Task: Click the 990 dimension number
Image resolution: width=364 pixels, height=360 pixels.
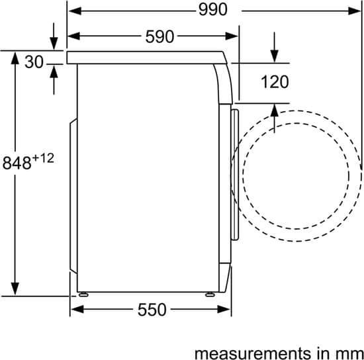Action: [x=213, y=10]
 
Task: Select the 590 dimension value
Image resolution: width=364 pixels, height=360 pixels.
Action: [x=159, y=36]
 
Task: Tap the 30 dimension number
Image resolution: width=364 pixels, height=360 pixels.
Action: [x=34, y=62]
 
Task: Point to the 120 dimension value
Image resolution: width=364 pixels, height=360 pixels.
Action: [x=275, y=81]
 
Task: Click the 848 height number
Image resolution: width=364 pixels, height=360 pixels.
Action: [x=17, y=163]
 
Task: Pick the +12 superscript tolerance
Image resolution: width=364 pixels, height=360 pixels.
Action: [x=43, y=158]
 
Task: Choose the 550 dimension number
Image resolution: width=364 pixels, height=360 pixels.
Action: [x=152, y=310]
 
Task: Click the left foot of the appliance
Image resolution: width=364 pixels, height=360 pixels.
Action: [x=83, y=294]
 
